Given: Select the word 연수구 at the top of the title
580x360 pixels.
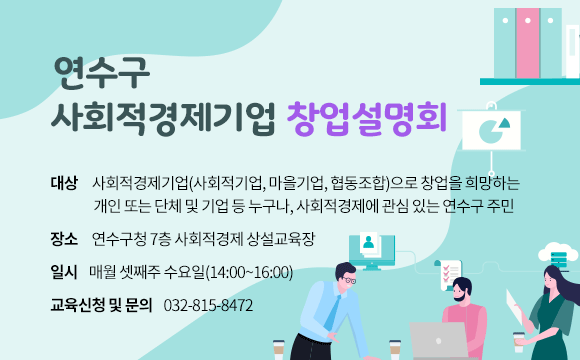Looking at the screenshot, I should coord(102,71).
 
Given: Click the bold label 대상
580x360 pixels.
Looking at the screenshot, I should coord(63,183).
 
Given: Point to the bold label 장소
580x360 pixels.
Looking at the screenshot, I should coord(63,239).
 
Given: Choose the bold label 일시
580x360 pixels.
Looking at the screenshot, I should coord(63,271).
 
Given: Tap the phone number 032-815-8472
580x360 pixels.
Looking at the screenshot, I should coord(208,304).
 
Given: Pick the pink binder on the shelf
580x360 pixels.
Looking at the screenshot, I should coord(527,40).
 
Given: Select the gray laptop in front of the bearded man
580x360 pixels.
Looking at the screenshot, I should coord(438,340).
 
